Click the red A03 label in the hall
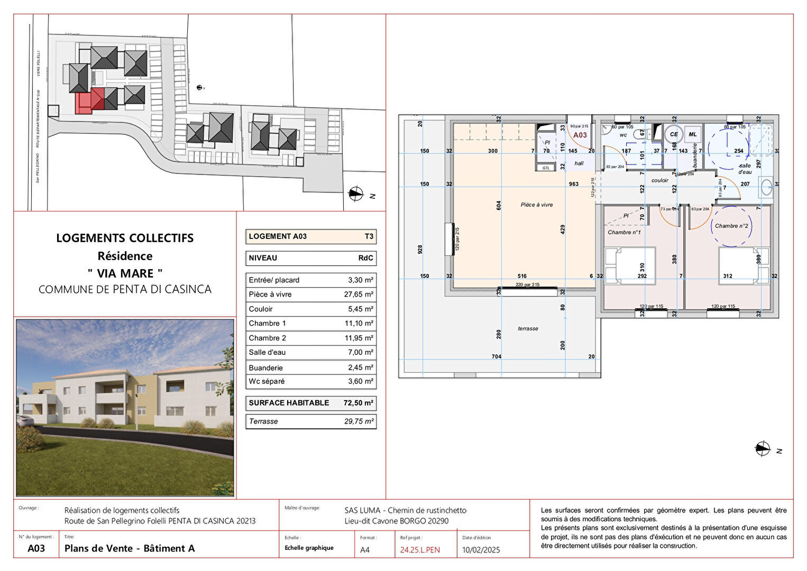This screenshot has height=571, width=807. pos(580,135)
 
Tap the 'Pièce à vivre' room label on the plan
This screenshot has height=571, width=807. pos(536,205)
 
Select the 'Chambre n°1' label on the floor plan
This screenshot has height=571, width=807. pos(624,232)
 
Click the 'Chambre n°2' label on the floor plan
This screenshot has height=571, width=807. pos(731,226)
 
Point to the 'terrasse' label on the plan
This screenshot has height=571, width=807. pos(528,328)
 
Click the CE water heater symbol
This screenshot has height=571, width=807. pos(673,134)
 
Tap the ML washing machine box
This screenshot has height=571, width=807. pos(692,134)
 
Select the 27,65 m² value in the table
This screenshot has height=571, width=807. pos(359,294)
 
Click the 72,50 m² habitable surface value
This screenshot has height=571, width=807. pos(359,403)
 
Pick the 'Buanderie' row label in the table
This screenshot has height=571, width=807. pos(265,367)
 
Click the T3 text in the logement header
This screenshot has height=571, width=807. pos(369,236)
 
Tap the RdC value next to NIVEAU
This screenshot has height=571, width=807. pos(365,258)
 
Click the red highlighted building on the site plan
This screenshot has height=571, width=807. pos(85,103)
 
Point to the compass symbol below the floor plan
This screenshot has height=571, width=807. pos(763,449)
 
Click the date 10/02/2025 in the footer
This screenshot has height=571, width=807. pos(481,550)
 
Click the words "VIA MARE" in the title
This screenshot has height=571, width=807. pos(125,273)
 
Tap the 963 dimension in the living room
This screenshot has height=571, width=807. pos(574,184)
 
